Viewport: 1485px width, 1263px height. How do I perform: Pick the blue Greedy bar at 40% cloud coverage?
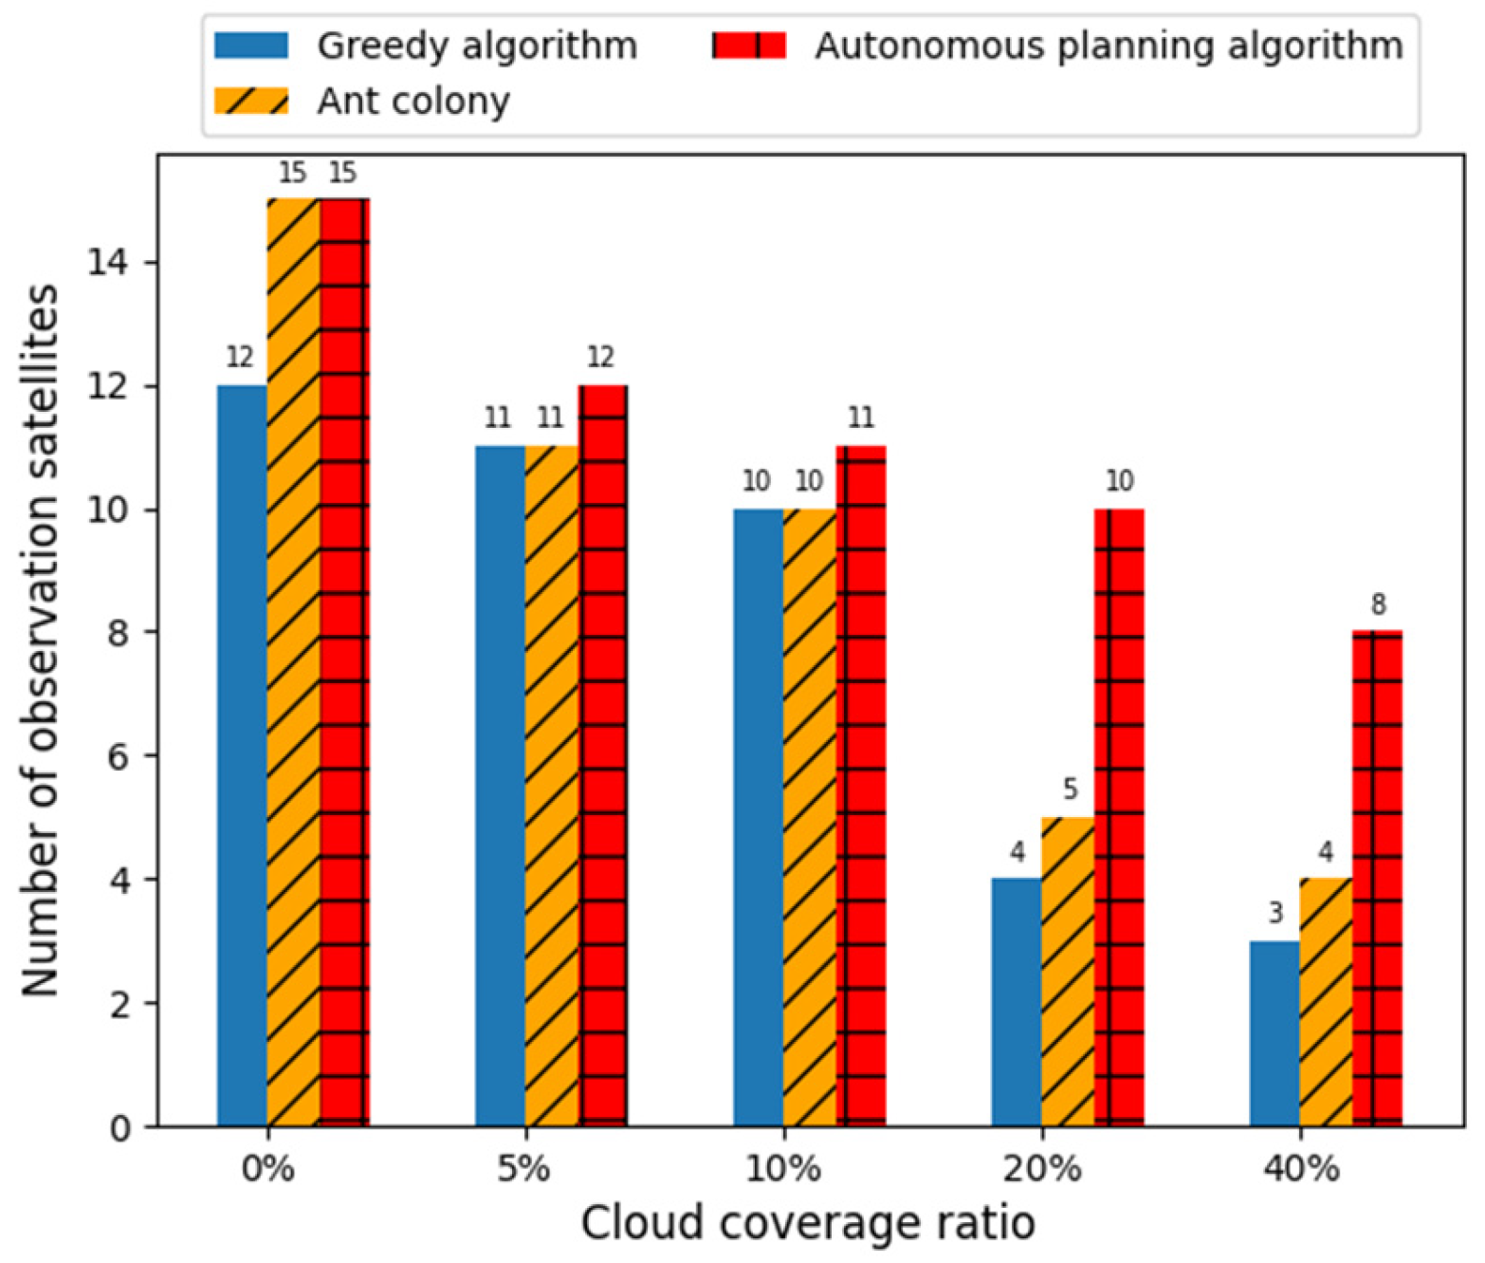(x=1274, y=1033)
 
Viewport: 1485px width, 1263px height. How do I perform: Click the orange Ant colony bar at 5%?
(x=551, y=787)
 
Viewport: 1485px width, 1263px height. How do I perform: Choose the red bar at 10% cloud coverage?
(x=861, y=787)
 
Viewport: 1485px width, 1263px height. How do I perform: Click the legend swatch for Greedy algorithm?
(x=251, y=46)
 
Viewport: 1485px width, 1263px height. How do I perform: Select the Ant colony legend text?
(x=413, y=101)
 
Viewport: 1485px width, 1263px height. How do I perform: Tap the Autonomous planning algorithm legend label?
(x=1109, y=46)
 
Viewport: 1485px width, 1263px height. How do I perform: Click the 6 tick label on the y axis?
(x=119, y=756)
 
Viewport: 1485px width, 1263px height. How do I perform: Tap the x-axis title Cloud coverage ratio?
(x=808, y=1223)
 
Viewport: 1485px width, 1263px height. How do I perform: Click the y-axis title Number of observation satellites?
(x=41, y=641)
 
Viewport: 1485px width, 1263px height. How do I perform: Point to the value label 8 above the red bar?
(x=1378, y=604)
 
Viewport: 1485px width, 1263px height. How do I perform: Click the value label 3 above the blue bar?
(x=1274, y=914)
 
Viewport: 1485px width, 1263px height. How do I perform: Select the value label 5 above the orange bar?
(x=1069, y=789)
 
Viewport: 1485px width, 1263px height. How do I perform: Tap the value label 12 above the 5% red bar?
(x=600, y=358)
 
